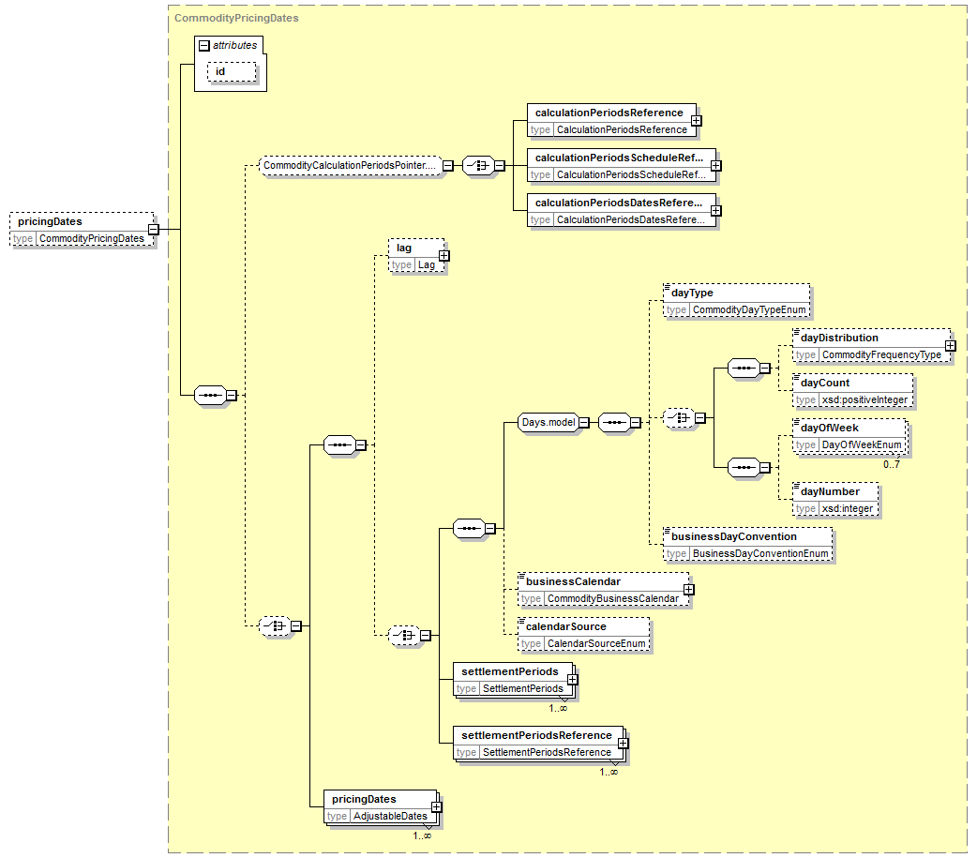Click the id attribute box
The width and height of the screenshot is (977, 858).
click(x=232, y=71)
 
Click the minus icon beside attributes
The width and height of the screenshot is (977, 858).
click(x=203, y=46)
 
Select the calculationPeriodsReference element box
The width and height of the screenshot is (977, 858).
click(x=611, y=121)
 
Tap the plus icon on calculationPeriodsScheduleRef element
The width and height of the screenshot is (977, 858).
click(x=716, y=166)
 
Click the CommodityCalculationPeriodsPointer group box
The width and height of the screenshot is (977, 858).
click(x=350, y=166)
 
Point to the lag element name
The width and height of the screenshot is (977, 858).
click(x=404, y=248)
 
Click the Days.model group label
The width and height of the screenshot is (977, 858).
click(x=549, y=423)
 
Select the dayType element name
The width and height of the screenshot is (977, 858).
click(x=692, y=293)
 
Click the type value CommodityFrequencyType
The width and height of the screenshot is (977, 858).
click(x=881, y=355)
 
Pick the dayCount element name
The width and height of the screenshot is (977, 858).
click(x=825, y=384)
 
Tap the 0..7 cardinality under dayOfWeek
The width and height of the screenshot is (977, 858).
click(x=891, y=465)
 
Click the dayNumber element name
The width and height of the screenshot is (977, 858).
click(x=830, y=491)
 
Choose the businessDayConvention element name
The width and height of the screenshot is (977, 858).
click(x=734, y=536)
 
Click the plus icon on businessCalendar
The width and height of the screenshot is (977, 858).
click(x=688, y=590)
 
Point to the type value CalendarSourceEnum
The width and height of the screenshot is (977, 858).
click(x=596, y=643)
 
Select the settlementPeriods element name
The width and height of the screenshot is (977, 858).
click(x=510, y=671)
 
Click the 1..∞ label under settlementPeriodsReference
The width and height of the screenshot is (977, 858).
click(x=609, y=773)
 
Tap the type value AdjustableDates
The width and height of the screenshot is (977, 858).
click(x=390, y=816)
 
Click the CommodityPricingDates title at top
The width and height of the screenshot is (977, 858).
click(x=236, y=18)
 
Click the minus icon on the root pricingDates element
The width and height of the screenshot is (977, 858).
click(x=153, y=230)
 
